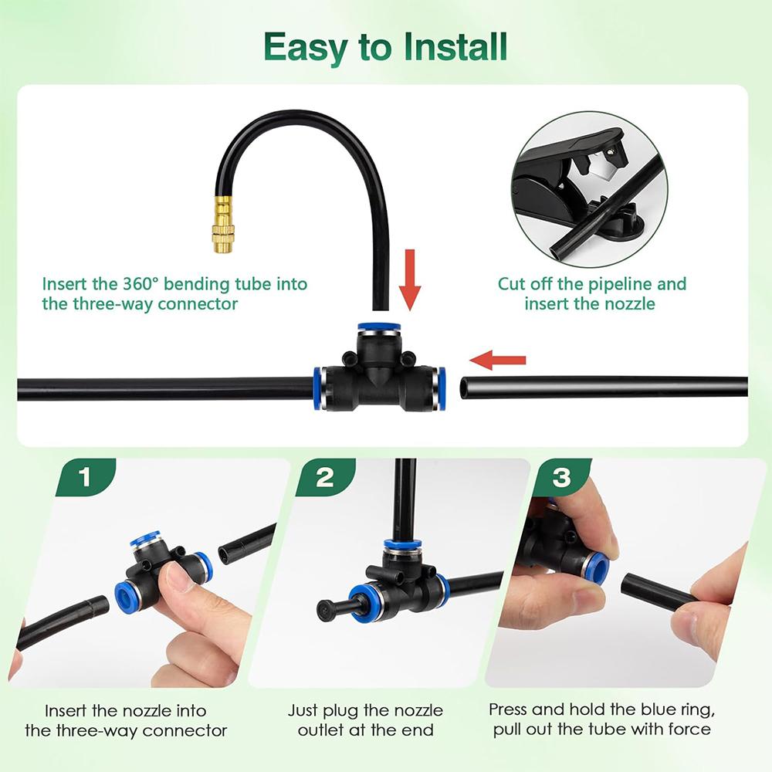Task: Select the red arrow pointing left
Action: click(x=499, y=359)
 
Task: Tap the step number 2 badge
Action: click(x=325, y=477)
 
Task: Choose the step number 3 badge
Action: click(x=561, y=477)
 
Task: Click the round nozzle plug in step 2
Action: click(x=322, y=604)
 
